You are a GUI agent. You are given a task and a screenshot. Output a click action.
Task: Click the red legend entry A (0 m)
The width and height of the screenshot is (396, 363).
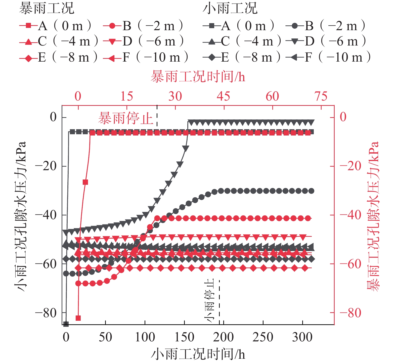pyautogui.click(x=55, y=26)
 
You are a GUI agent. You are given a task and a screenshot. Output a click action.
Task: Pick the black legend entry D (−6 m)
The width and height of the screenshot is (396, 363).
pyautogui.click(x=326, y=41)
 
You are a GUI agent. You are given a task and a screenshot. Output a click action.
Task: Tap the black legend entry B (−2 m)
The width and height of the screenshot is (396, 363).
pyautogui.click(x=326, y=26)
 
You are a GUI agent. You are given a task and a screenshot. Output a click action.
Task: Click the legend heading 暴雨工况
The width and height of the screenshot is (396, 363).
pyautogui.click(x=47, y=8)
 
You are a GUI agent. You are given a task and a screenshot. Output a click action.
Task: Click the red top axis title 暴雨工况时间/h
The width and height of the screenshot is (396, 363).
pyautogui.click(x=198, y=76)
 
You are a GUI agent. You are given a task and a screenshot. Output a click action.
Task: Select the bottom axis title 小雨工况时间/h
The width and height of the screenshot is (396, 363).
pyautogui.click(x=198, y=354)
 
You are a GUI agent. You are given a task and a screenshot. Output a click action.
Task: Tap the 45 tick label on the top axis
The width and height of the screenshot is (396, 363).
pyautogui.click(x=224, y=96)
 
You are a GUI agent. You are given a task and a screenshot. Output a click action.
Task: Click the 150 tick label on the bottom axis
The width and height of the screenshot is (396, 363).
pyautogui.click(x=184, y=337)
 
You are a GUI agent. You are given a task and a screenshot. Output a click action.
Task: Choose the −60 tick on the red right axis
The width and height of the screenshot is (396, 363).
pyautogui.click(x=350, y=264)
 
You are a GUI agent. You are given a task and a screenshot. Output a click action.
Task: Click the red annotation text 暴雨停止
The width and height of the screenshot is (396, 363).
pyautogui.click(x=126, y=118)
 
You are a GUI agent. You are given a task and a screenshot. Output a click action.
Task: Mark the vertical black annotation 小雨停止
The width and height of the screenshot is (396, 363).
pyautogui.click(x=209, y=300)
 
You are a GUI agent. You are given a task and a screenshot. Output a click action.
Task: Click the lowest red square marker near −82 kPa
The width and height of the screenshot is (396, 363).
pyautogui.click(x=78, y=318)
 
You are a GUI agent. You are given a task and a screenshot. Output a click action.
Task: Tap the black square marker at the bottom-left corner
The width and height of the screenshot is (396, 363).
pyautogui.click(x=66, y=324)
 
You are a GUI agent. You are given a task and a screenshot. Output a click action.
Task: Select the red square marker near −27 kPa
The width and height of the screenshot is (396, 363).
pyautogui.click(x=85, y=182)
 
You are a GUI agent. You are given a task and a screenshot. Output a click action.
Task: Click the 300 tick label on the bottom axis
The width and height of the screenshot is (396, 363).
pyautogui.click(x=302, y=337)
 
